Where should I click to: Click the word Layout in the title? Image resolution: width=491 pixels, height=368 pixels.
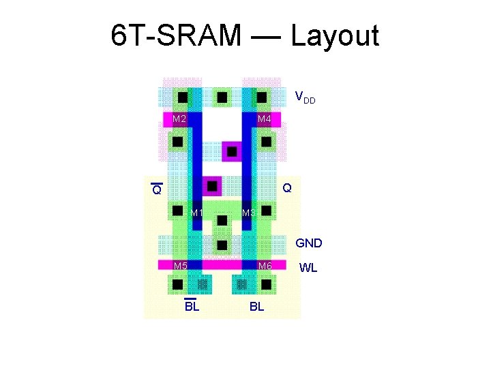pyautogui.click(x=335, y=35)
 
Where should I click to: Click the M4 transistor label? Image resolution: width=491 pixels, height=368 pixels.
pyautogui.click(x=265, y=120)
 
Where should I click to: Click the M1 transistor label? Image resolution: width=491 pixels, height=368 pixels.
pyautogui.click(x=197, y=213)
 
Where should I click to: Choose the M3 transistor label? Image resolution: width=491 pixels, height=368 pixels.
pyautogui.click(x=248, y=213)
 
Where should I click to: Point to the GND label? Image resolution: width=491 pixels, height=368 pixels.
pyautogui.click(x=308, y=243)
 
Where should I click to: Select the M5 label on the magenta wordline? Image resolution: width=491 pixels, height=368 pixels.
pyautogui.click(x=180, y=265)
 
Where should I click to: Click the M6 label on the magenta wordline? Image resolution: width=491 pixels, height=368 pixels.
pyautogui.click(x=265, y=265)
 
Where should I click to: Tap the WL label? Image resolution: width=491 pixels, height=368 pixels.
pyautogui.click(x=308, y=268)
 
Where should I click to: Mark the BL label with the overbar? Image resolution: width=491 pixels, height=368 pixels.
pyautogui.click(x=192, y=306)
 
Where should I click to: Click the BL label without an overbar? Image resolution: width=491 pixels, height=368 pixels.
pyautogui.click(x=256, y=307)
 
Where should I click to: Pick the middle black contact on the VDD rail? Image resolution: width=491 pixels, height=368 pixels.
pyautogui.click(x=221, y=97)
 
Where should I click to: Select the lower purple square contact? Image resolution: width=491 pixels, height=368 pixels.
pyautogui.click(x=213, y=185)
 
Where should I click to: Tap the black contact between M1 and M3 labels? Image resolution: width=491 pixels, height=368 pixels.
pyautogui.click(x=221, y=219)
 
